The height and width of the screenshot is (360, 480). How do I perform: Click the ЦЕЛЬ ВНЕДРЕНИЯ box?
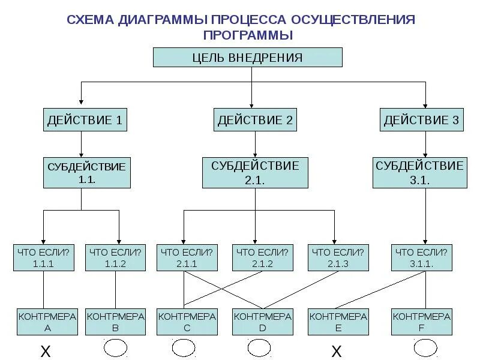click(248, 58)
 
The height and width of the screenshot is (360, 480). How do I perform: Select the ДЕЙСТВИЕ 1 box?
click(85, 120)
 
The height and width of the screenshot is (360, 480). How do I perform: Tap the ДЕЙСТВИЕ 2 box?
click(255, 120)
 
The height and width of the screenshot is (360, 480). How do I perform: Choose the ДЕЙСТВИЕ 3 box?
click(421, 120)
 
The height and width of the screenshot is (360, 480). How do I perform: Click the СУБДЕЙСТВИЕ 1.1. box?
click(86, 173)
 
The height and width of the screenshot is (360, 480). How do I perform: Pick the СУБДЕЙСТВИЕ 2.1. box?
click(255, 172)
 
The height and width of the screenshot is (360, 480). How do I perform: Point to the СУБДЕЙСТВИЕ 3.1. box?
click(419, 172)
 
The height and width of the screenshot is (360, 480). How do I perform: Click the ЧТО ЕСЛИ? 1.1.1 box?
click(43, 257)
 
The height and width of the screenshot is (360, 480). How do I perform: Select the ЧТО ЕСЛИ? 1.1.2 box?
click(115, 257)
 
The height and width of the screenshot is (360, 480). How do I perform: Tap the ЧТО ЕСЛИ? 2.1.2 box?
click(262, 257)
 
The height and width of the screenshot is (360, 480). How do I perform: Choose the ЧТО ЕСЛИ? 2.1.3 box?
click(337, 257)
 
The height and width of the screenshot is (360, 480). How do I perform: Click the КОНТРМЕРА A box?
click(47, 322)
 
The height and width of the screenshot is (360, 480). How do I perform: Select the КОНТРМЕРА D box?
click(262, 322)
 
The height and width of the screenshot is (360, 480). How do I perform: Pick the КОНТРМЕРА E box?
click(338, 322)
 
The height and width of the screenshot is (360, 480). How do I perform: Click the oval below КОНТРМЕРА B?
click(115, 349)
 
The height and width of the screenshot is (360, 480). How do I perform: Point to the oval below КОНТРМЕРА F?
click(425, 348)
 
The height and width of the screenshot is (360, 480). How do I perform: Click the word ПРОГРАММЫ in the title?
click(248, 35)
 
